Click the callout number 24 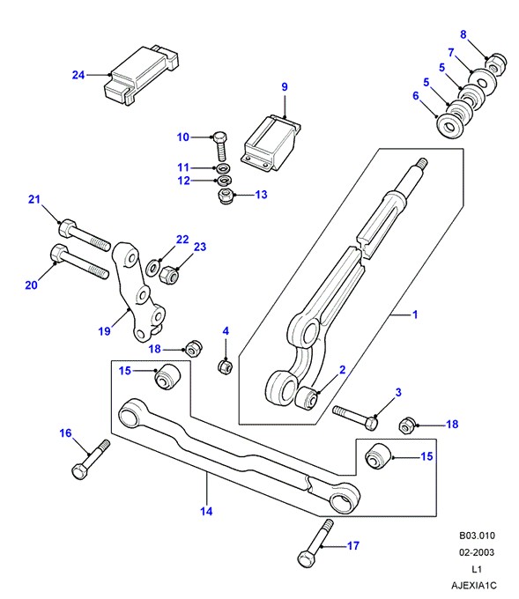[x=78, y=75]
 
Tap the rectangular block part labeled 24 [x=141, y=75]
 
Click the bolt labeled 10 [x=220, y=146]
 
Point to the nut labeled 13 [x=225, y=196]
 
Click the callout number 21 [x=34, y=199]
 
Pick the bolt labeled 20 [x=79, y=262]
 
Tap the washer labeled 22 [x=153, y=267]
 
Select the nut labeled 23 [x=169, y=275]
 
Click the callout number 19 [x=104, y=331]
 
